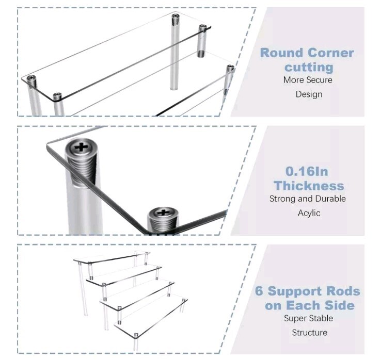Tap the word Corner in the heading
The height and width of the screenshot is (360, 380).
[331, 53]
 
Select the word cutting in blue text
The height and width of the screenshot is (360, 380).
[309, 67]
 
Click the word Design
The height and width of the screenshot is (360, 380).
[309, 94]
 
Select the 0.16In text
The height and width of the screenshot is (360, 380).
[307, 171]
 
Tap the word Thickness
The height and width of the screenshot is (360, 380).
[309, 186]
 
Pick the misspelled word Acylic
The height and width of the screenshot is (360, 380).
[309, 213]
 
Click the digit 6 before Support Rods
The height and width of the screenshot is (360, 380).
[259, 291]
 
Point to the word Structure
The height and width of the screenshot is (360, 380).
[310, 333]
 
